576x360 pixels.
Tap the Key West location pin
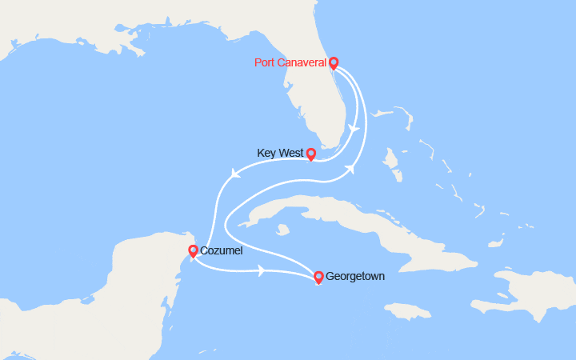[311, 154]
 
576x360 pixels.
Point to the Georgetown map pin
[318, 277]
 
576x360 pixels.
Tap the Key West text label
[280, 153]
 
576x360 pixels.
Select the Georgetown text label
[355, 277]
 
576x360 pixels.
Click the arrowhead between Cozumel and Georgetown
[262, 271]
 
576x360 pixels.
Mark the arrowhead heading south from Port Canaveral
[355, 129]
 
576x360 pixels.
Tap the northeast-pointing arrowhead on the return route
[349, 169]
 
